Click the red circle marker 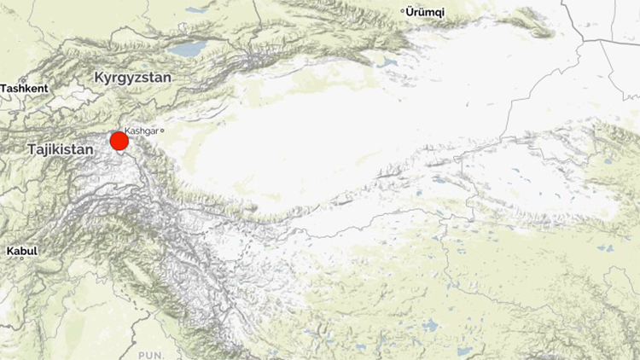coord(119,141)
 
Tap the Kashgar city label coord(142,131)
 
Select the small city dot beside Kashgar coord(161,131)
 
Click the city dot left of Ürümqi coord(404,11)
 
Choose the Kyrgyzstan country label coord(132,77)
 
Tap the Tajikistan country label coord(59,148)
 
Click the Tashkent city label coord(24,88)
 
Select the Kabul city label coord(21,252)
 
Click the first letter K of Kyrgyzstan coord(99,77)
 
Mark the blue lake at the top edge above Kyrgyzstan coord(195,10)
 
